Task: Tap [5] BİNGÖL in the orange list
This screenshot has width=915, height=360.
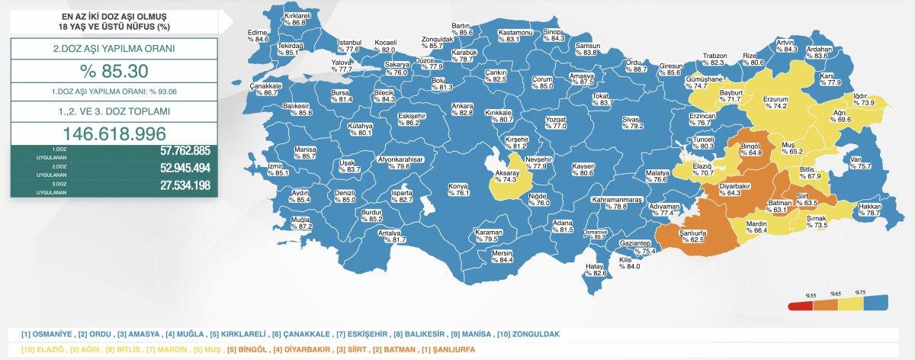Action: click(245, 349)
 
